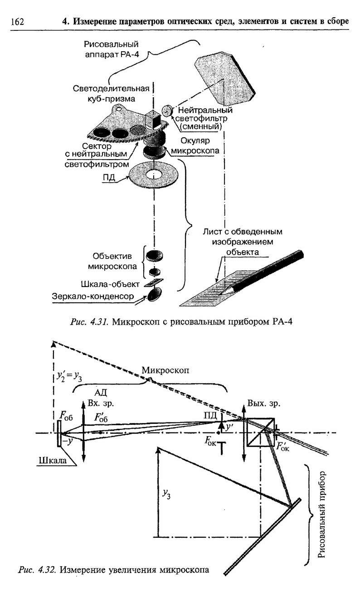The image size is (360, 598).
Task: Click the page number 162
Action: coord(17,21)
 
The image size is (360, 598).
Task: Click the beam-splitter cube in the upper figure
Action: coord(152,121)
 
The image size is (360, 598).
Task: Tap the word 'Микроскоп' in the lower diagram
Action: coord(165,370)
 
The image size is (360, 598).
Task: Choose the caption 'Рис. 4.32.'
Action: coord(37,569)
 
